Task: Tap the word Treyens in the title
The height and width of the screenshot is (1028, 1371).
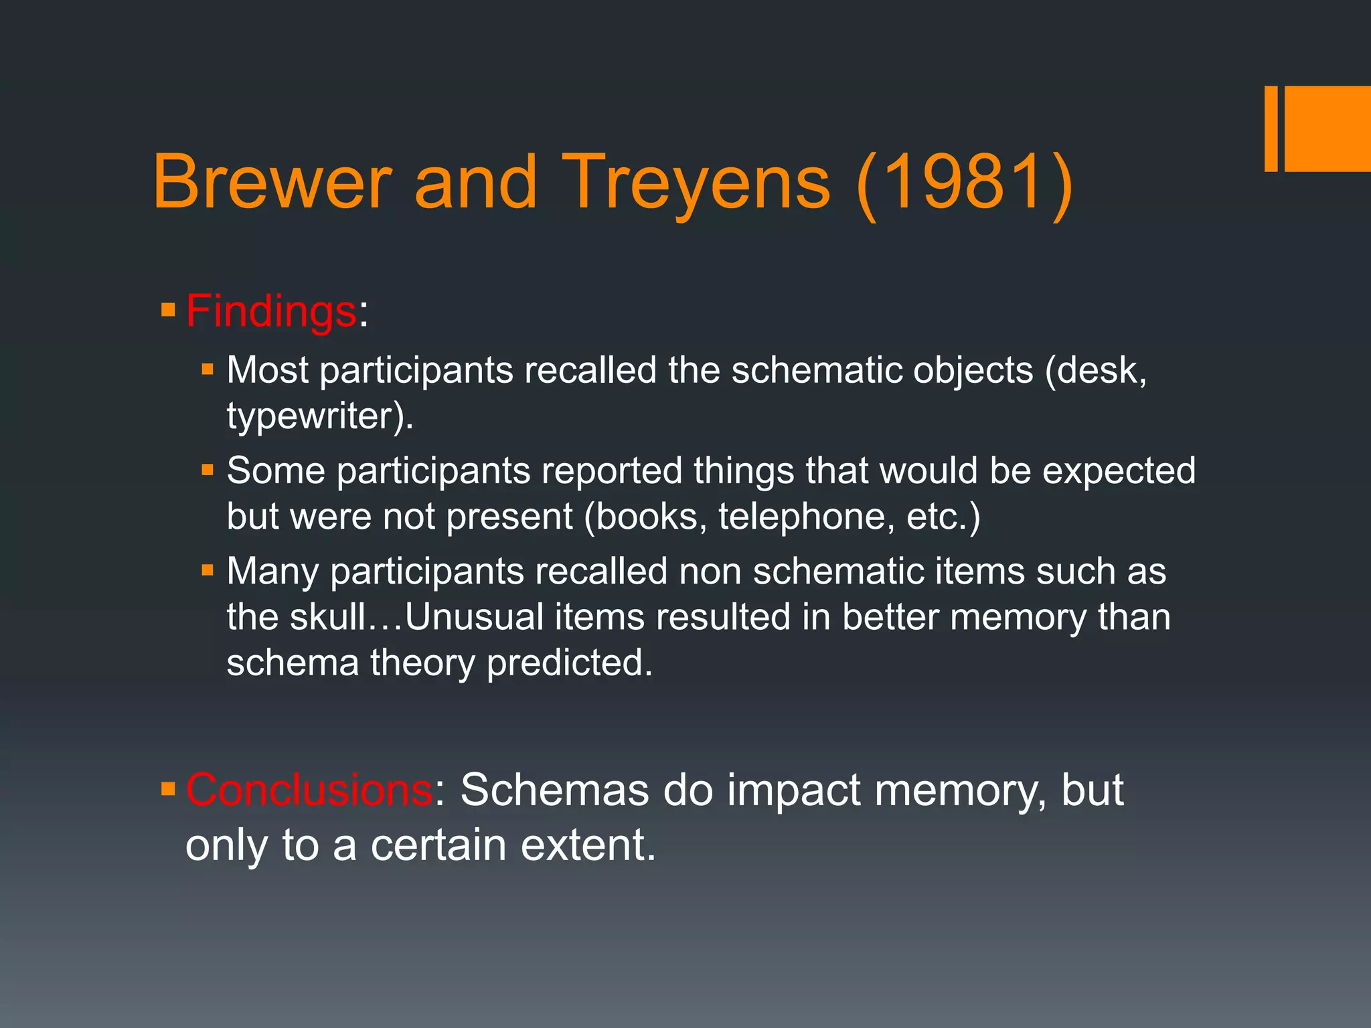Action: pyautogui.click(x=696, y=182)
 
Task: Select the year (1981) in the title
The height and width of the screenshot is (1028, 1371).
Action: pyautogui.click(x=964, y=182)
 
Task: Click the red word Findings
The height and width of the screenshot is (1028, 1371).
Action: pyautogui.click(x=271, y=311)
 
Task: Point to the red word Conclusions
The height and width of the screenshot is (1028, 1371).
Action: pyautogui.click(x=309, y=790)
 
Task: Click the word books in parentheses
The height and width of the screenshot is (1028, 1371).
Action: pyautogui.click(x=645, y=517)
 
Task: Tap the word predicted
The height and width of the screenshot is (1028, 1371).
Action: pyautogui.click(x=569, y=663)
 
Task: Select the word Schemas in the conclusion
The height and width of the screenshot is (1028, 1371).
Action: pyautogui.click(x=554, y=790)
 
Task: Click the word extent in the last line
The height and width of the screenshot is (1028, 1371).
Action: pyautogui.click(x=588, y=845)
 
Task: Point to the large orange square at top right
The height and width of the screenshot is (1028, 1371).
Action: pyautogui.click(x=1327, y=128)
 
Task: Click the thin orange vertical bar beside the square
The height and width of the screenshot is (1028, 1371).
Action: pyautogui.click(x=1271, y=128)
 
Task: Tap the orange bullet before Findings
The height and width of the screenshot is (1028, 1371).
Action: pyautogui.click(x=168, y=310)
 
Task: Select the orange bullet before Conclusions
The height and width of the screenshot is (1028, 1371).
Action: pyautogui.click(x=168, y=790)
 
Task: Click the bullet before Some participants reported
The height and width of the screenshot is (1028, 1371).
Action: pyautogui.click(x=208, y=470)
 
